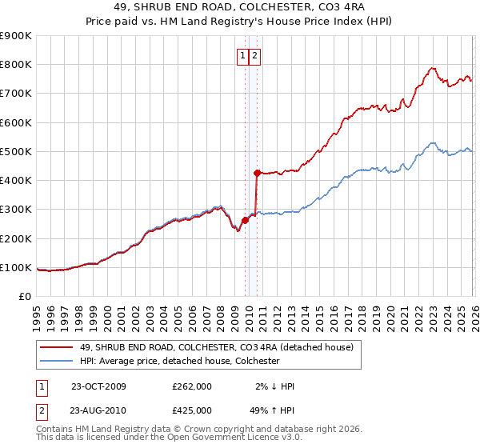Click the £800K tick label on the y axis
(x=16, y=65)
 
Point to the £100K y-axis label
(x=16, y=268)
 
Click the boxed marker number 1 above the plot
(x=242, y=56)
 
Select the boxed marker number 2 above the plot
(x=255, y=56)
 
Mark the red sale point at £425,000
(x=257, y=173)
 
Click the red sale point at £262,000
(x=245, y=221)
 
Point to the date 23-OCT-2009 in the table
(x=98, y=386)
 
